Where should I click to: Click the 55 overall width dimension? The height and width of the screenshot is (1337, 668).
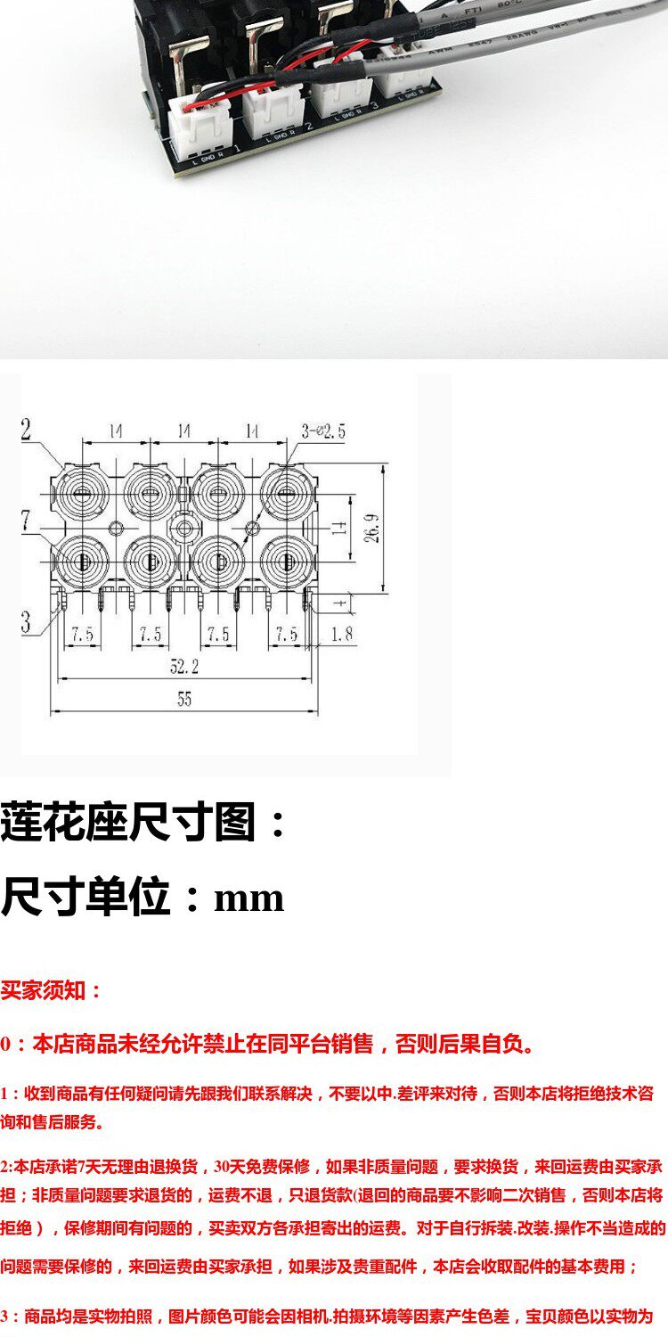pyautogui.click(x=183, y=700)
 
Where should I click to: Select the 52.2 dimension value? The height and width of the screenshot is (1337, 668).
pyautogui.click(x=184, y=667)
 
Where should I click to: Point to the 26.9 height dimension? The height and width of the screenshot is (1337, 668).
pyautogui.click(x=375, y=528)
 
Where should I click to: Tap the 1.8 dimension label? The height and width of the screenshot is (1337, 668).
pyautogui.click(x=343, y=634)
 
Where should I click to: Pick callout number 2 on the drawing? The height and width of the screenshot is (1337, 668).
pyautogui.click(x=26, y=430)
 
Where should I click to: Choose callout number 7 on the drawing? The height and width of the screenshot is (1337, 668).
pyautogui.click(x=27, y=519)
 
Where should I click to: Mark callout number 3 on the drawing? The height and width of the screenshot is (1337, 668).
pyautogui.click(x=26, y=621)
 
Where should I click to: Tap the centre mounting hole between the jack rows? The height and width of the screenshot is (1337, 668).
pyautogui.click(x=185, y=528)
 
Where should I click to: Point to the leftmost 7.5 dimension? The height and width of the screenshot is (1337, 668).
pyautogui.click(x=82, y=634)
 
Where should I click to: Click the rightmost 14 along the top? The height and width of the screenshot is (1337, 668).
pyautogui.click(x=252, y=431)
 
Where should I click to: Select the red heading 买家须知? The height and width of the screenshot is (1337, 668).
pyautogui.click(x=52, y=990)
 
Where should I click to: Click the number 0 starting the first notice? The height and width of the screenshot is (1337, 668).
pyautogui.click(x=6, y=1045)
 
